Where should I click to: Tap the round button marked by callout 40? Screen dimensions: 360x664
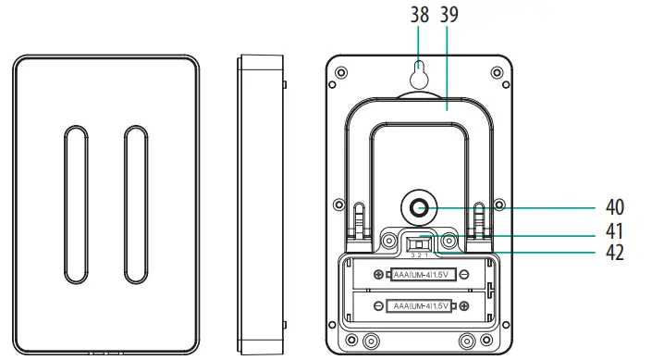(419, 208)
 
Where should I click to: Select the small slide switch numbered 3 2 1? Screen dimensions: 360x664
(419, 244)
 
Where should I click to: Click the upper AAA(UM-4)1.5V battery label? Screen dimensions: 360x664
(419, 275)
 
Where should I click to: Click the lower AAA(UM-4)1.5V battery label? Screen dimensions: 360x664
(419, 305)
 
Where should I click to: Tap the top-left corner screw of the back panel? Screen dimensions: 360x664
(342, 72)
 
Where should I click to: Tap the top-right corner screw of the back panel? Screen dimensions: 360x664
(497, 72)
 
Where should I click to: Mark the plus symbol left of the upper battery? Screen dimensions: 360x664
(379, 275)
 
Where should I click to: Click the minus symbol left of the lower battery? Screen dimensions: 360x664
(379, 305)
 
